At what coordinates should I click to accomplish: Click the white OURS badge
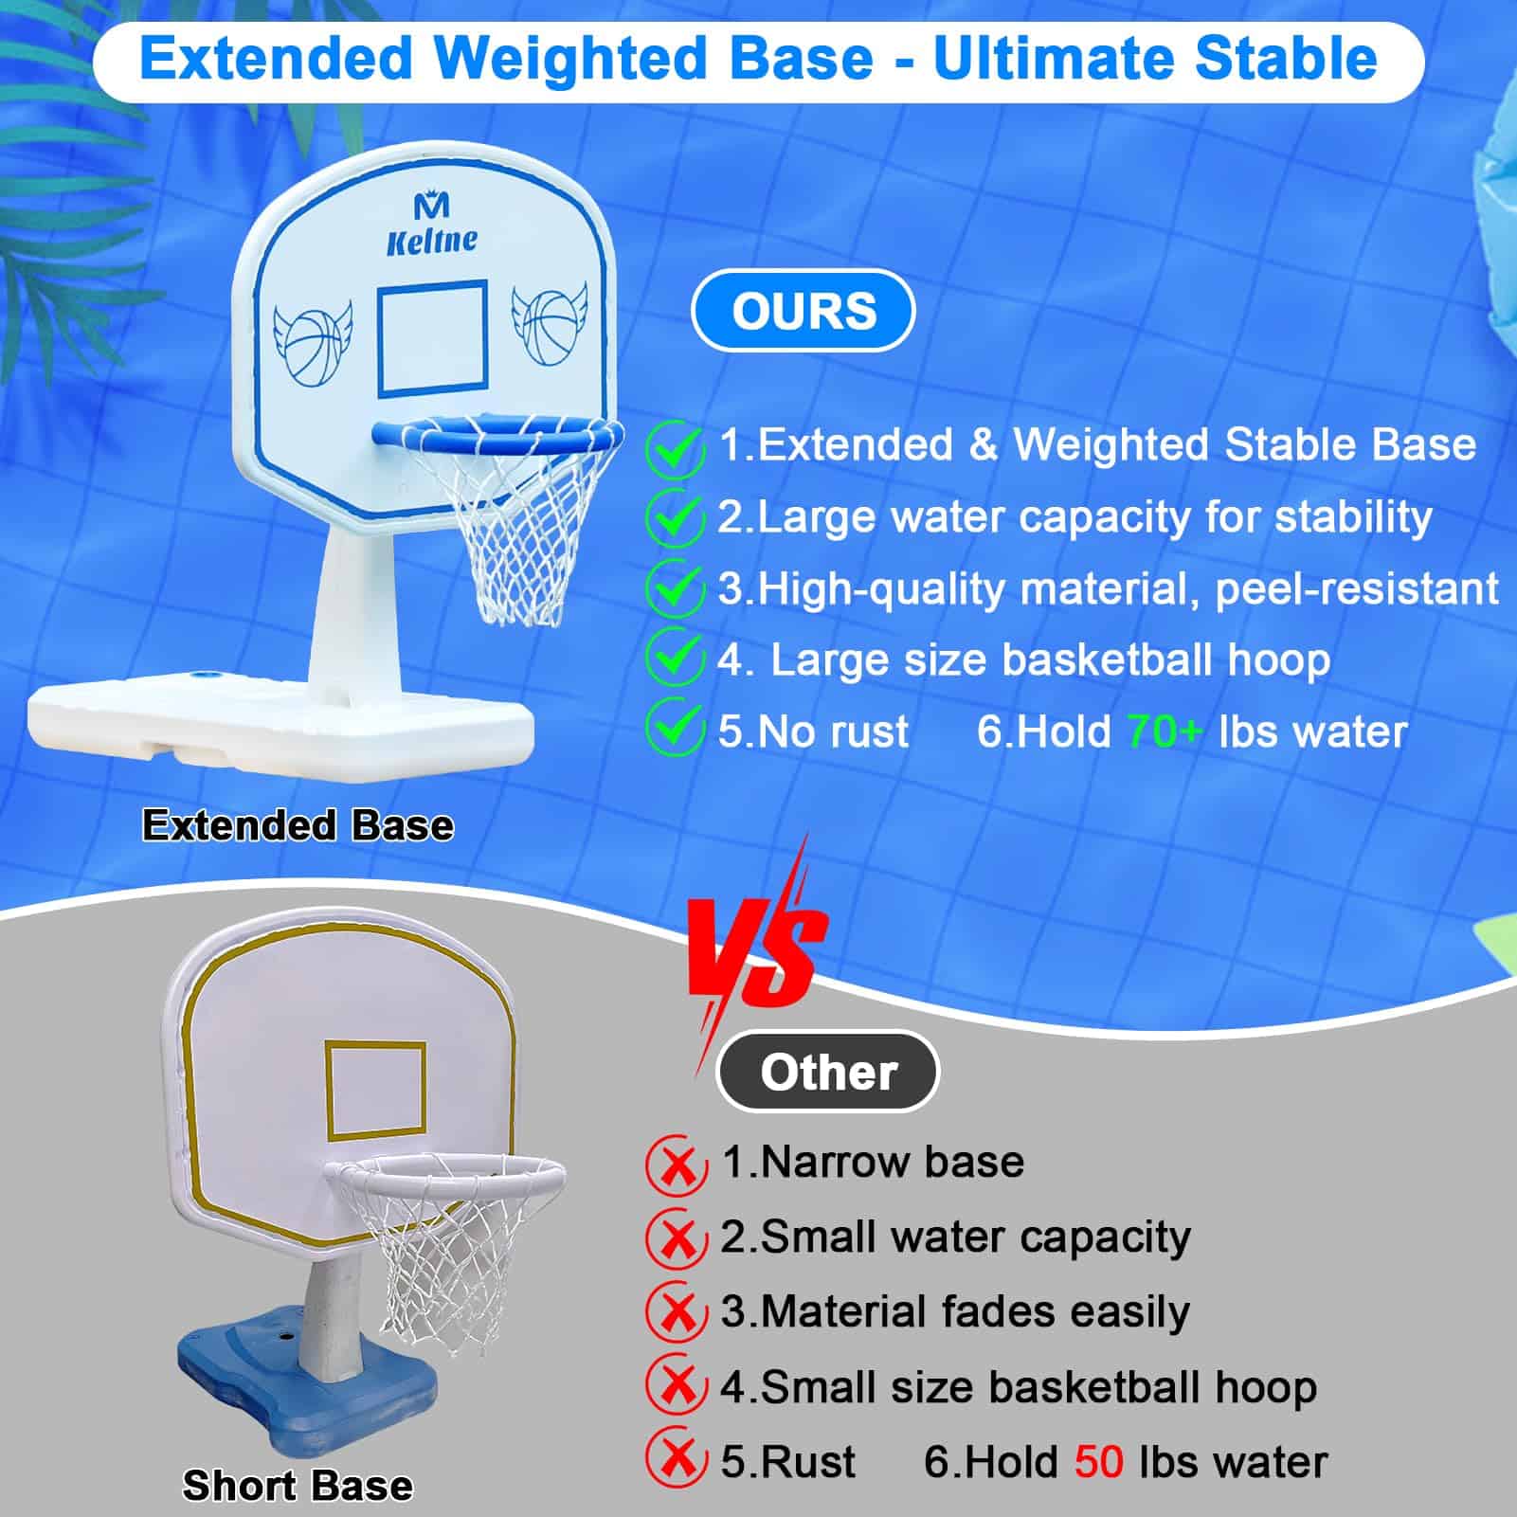pyautogui.click(x=804, y=311)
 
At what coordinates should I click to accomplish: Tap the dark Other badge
pyautogui.click(x=828, y=1072)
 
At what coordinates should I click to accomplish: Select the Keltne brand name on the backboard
pyautogui.click(x=431, y=240)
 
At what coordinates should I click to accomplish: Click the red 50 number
pyautogui.click(x=1099, y=1461)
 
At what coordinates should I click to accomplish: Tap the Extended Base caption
pyautogui.click(x=298, y=825)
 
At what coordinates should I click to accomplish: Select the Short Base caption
pyautogui.click(x=298, y=1486)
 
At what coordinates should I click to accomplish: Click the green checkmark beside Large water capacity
pyautogui.click(x=675, y=517)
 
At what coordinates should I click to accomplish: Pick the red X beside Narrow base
pyautogui.click(x=676, y=1165)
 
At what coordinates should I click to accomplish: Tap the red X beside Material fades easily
pyautogui.click(x=676, y=1313)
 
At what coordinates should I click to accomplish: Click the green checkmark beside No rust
pyautogui.click(x=675, y=730)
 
